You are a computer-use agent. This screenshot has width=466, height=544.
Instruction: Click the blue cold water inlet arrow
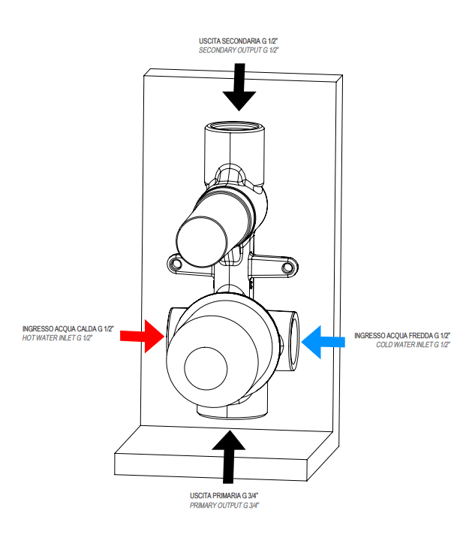tap(323, 341)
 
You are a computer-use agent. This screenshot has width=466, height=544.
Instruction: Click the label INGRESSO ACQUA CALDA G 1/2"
tap(68, 329)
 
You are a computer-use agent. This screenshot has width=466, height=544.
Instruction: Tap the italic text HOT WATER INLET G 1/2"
tap(68, 338)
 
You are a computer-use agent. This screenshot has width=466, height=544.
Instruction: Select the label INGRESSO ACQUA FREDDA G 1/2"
tap(401, 335)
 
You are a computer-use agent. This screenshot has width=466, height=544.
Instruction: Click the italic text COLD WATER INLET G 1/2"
tap(412, 344)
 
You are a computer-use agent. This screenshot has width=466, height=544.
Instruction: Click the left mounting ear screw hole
tap(176, 264)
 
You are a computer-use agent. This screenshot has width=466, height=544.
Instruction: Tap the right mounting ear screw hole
tap(287, 265)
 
